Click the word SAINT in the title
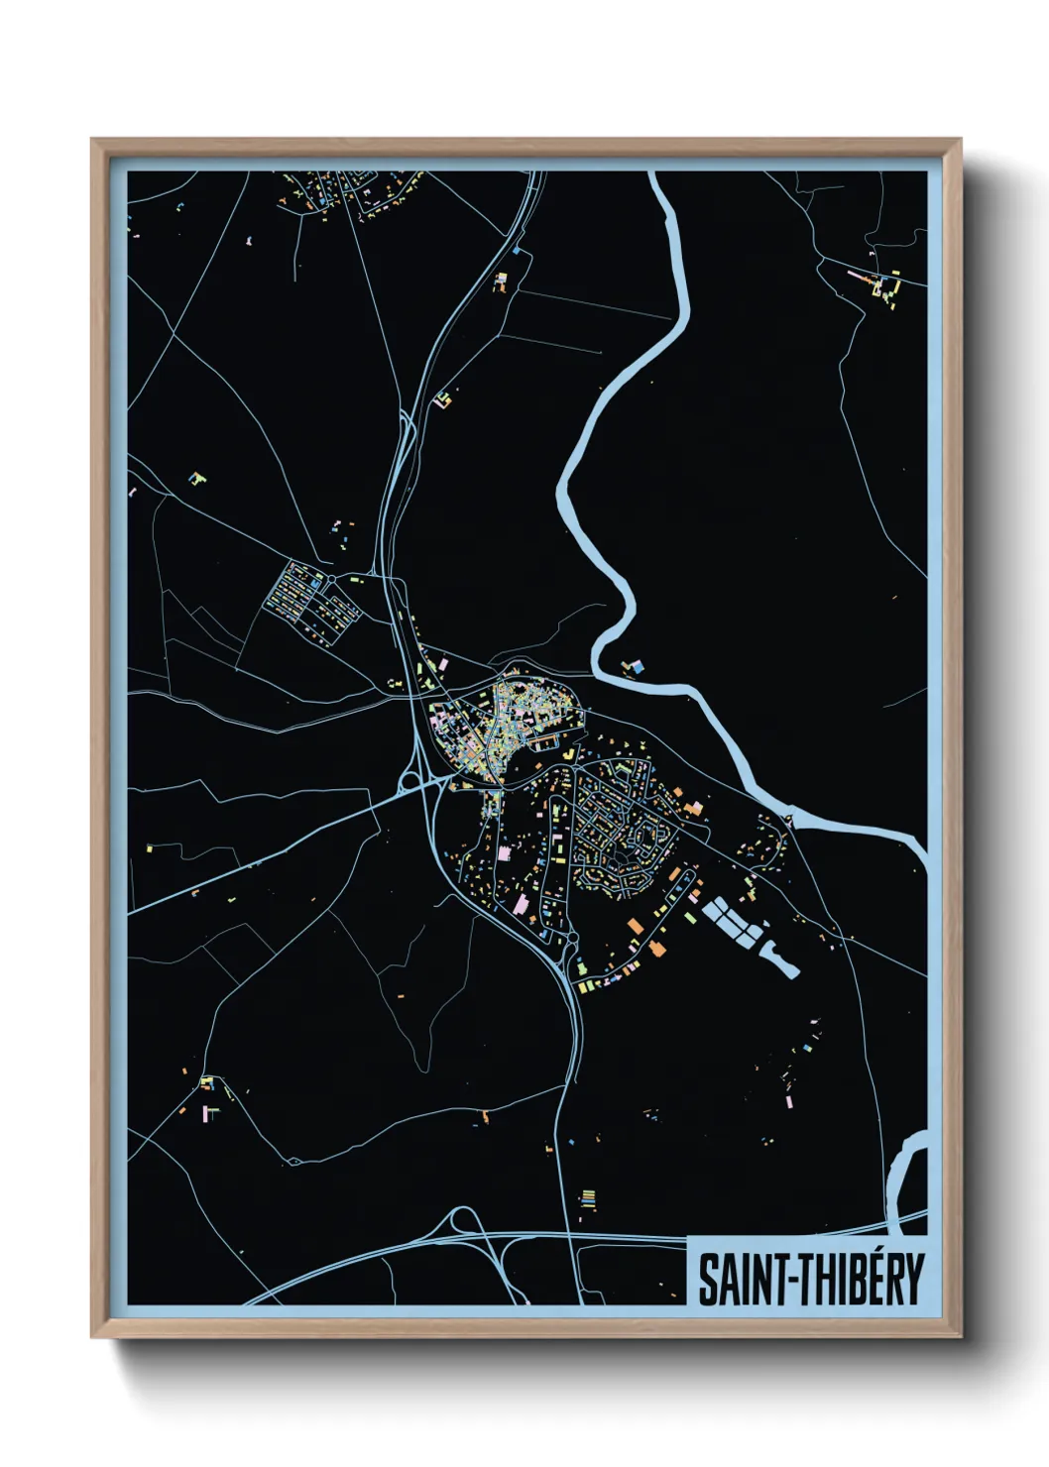(740, 1280)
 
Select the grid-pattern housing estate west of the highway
(309, 601)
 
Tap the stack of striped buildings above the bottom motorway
(588, 1199)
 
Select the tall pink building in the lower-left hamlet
(209, 1111)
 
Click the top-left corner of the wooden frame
(94, 141)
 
